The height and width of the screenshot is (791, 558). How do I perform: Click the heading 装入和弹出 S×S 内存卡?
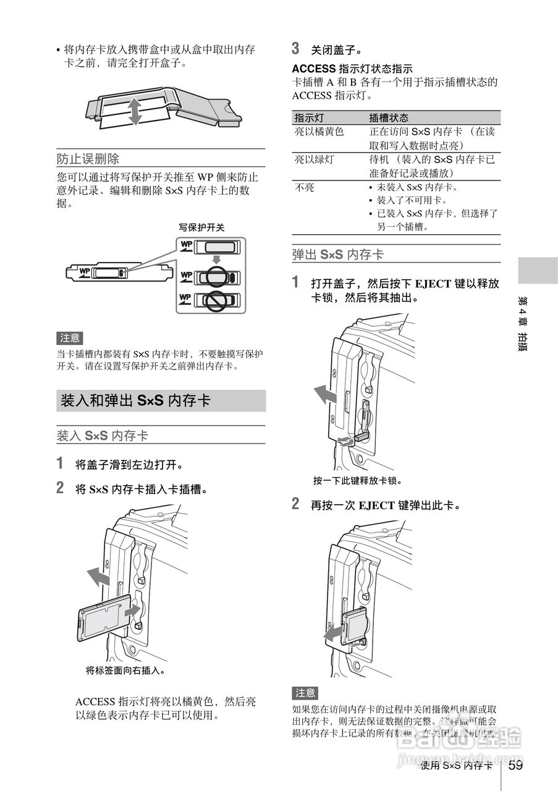tap(136, 401)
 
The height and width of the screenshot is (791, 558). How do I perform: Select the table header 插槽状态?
tap(389, 117)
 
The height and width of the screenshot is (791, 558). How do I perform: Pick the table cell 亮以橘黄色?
tap(319, 132)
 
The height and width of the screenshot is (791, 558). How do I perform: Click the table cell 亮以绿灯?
tap(314, 159)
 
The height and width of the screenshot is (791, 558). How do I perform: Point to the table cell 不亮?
tap(304, 187)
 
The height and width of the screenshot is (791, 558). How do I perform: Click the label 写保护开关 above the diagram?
tap(201, 227)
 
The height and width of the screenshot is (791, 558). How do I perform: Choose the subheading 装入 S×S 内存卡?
tap(103, 436)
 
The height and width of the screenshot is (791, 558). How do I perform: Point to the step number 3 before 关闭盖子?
tap(296, 48)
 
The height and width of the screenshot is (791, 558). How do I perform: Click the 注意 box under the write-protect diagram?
tap(70, 338)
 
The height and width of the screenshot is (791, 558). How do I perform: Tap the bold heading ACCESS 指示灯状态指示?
tap(352, 69)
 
